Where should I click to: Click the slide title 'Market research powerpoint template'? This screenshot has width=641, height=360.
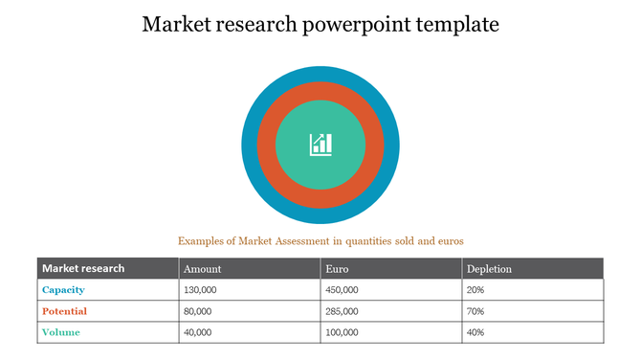(320, 24)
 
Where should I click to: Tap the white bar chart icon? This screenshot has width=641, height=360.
(320, 145)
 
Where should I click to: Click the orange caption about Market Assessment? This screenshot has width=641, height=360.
(320, 240)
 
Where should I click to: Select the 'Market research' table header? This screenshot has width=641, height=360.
(83, 268)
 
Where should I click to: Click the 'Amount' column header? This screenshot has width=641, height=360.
(203, 269)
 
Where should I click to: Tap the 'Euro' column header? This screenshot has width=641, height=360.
(336, 269)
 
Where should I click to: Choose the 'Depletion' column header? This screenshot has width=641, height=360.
(489, 269)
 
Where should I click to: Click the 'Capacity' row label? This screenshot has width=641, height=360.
(64, 289)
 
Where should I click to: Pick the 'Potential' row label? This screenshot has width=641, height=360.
(65, 311)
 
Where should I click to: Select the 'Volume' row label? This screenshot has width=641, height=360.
(61, 332)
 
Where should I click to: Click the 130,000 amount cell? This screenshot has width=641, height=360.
(200, 289)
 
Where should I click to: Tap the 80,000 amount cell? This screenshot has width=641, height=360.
(198, 311)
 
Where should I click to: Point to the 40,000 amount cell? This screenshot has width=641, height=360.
(198, 332)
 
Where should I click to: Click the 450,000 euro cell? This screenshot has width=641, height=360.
(342, 289)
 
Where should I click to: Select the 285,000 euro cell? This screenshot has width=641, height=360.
(342, 311)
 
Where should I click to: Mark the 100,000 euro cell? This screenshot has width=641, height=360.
(342, 332)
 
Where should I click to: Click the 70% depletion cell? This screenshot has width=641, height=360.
(475, 311)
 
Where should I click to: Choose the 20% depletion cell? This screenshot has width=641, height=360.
(475, 289)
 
